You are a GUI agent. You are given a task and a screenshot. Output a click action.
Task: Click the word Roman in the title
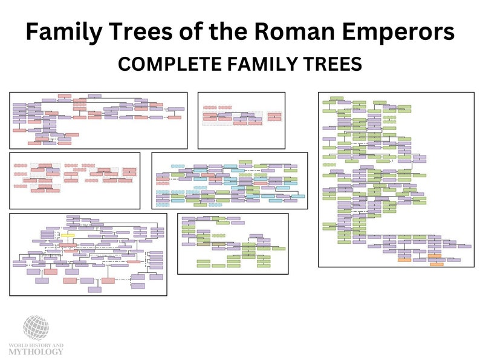pyautogui.click(x=311, y=32)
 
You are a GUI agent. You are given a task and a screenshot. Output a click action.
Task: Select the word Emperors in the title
pyautogui.click(x=407, y=32)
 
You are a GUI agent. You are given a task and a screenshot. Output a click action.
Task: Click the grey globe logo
pyautogui.click(x=36, y=327)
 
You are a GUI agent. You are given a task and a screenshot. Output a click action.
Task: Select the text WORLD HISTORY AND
pyautogui.click(x=36, y=344)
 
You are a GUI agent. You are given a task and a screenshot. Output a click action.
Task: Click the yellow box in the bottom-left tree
pyautogui.click(x=67, y=235)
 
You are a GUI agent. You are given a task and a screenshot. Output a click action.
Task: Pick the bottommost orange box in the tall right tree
pyautogui.click(x=436, y=264)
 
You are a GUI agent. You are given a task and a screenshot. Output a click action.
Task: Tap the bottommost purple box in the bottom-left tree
pyautogui.click(x=94, y=289)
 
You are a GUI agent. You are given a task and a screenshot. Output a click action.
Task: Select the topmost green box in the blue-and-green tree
pyautogui.click(x=245, y=162)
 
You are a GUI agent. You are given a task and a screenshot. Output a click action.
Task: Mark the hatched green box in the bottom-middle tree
pyautogui.click(x=219, y=236)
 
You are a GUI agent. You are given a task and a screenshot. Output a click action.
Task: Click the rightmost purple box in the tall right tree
pyautogui.click(x=464, y=246)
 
